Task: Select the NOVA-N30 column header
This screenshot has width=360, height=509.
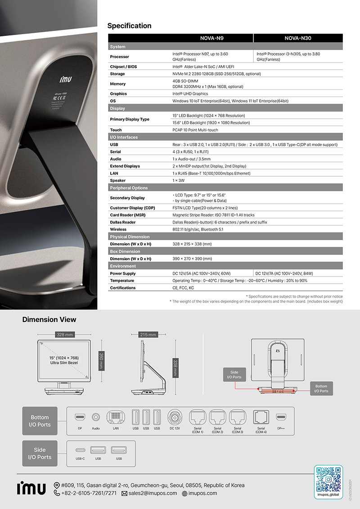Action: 298,38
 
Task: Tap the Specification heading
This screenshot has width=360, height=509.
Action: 129,26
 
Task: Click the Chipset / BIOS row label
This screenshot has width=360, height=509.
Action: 124,67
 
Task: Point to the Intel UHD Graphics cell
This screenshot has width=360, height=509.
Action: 190,94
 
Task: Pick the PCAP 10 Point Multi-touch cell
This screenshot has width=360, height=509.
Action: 195,130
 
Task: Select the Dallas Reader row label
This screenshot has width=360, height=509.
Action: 123,222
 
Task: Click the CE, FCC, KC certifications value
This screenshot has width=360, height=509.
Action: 183,288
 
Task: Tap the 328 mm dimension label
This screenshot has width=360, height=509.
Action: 65,335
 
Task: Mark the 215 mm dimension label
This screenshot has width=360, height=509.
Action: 148,335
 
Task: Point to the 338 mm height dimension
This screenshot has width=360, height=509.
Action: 175,368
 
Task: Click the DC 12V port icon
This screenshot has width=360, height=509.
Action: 175,417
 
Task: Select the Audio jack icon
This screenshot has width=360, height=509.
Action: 96,417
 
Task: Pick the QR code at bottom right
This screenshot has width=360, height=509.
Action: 328,479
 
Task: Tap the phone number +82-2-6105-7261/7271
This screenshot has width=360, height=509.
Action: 89,493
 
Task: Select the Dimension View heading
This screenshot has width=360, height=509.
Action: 49,320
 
